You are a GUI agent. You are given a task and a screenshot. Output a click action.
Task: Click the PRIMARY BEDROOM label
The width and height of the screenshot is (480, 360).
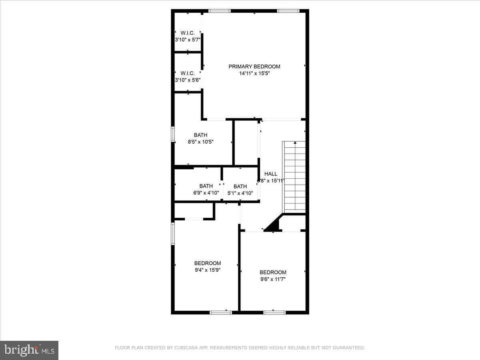point(254,66)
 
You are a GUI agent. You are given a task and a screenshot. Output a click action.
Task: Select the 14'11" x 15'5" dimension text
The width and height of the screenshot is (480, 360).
point(254,73)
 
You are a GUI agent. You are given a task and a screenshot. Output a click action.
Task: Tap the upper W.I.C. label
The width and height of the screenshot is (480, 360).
point(187,33)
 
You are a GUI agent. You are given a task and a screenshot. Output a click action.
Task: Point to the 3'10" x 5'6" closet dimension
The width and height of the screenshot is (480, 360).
point(187,80)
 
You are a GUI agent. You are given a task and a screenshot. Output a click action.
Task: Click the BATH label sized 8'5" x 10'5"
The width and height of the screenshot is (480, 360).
point(200,135)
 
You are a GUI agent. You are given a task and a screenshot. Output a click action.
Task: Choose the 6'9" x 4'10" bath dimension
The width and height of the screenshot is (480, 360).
point(206,193)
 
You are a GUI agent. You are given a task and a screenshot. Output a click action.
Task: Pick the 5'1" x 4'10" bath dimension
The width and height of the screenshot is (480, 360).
point(240,193)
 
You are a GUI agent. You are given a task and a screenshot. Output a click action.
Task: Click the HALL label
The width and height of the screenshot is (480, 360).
point(271,174)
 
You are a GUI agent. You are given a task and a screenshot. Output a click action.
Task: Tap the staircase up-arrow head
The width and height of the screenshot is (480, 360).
point(295,142)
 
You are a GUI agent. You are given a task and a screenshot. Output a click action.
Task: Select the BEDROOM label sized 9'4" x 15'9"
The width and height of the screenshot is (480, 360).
point(207,263)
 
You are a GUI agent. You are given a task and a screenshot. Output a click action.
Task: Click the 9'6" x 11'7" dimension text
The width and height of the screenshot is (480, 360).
point(272,279)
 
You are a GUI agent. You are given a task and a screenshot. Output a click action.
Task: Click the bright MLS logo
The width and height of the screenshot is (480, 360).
point(29,350)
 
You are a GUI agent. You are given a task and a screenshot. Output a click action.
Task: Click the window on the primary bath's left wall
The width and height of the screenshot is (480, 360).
point(173,134)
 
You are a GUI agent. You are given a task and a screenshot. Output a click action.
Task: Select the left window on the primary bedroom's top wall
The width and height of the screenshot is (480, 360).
point(220,11)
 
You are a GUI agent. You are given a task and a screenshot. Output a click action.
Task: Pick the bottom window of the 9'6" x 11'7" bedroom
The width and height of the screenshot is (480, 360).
point(274,312)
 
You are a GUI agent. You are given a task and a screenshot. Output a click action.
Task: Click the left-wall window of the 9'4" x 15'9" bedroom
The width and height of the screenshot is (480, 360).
point(173,233)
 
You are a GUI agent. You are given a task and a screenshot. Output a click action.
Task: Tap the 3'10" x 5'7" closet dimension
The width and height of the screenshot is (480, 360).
point(187,40)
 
